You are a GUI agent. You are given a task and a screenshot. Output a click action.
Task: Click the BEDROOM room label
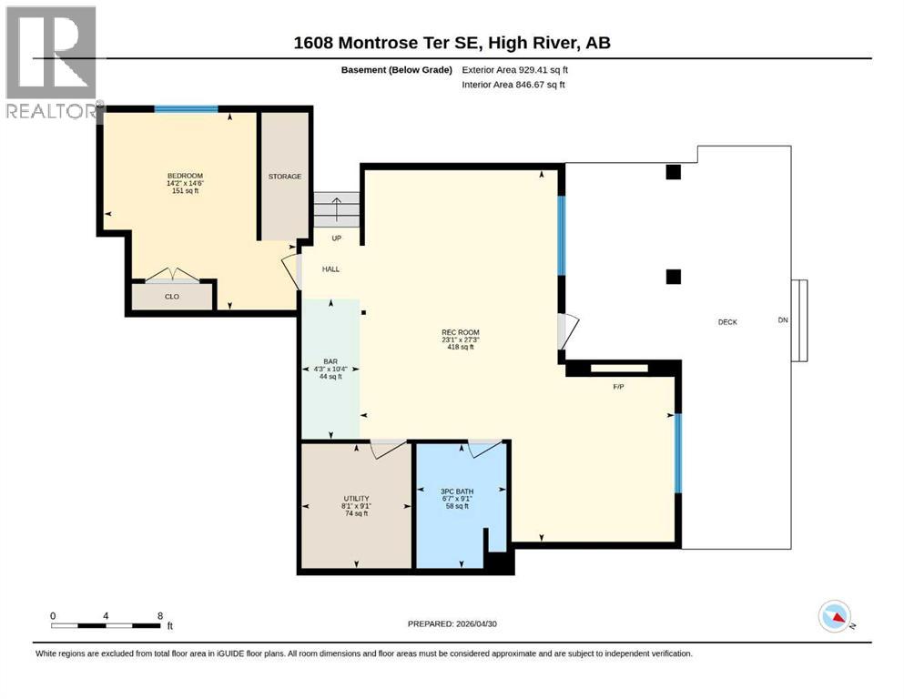coord(185,176)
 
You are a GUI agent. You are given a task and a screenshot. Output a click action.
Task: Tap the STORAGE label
coord(285,177)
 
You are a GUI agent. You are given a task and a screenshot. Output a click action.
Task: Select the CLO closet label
coord(172,296)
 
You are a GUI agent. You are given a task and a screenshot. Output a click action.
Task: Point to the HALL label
coord(331,269)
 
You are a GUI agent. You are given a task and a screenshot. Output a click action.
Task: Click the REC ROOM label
coord(461,332)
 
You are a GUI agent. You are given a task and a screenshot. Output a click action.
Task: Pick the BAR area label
coord(330,361)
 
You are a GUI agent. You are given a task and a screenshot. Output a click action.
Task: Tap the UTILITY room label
coord(356,499)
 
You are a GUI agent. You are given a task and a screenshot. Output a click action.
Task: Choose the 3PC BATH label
coord(457,491)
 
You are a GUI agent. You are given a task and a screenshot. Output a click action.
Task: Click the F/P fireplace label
coord(619,387)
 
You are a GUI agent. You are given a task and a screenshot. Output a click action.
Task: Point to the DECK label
coord(727,322)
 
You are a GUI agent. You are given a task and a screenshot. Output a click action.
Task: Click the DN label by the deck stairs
coord(783,319)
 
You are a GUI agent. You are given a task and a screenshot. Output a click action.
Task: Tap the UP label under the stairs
coord(337,238)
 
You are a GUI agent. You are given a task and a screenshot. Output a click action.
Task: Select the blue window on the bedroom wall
coord(187,109)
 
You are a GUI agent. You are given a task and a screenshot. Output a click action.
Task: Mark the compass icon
coord(836,616)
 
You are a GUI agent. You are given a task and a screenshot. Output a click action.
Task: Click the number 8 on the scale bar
coord(160,615)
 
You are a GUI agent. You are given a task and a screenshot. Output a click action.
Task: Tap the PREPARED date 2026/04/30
coord(476,623)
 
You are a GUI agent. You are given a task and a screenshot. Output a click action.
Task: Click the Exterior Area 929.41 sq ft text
coord(515,70)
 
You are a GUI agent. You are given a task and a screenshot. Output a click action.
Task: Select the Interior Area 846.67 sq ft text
coord(513,85)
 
